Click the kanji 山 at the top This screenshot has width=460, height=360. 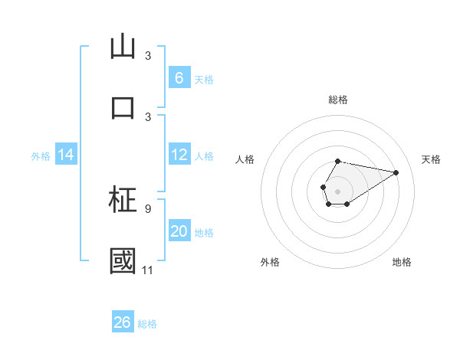[x=123, y=47]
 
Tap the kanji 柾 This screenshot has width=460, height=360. [x=123, y=201]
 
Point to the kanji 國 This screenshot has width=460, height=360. [x=123, y=260]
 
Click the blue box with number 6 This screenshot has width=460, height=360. [x=179, y=77]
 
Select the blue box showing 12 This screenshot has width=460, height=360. [x=179, y=155]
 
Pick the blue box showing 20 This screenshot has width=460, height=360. [x=179, y=232]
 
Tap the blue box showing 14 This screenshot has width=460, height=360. [x=66, y=155]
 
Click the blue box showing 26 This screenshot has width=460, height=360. [x=123, y=322]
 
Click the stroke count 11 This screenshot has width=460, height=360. [x=148, y=270]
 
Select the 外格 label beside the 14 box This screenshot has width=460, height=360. [x=41, y=156]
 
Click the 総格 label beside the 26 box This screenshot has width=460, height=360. [x=147, y=323]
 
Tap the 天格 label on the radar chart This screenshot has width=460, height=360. [x=431, y=159]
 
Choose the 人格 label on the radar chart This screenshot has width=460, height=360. [x=245, y=159]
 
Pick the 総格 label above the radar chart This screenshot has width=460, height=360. [x=337, y=100]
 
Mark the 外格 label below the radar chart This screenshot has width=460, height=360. [x=270, y=262]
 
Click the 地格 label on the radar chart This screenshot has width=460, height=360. [x=402, y=262]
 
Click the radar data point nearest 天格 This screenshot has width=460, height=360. [x=396, y=172]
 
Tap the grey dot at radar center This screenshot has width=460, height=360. [x=337, y=189]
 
